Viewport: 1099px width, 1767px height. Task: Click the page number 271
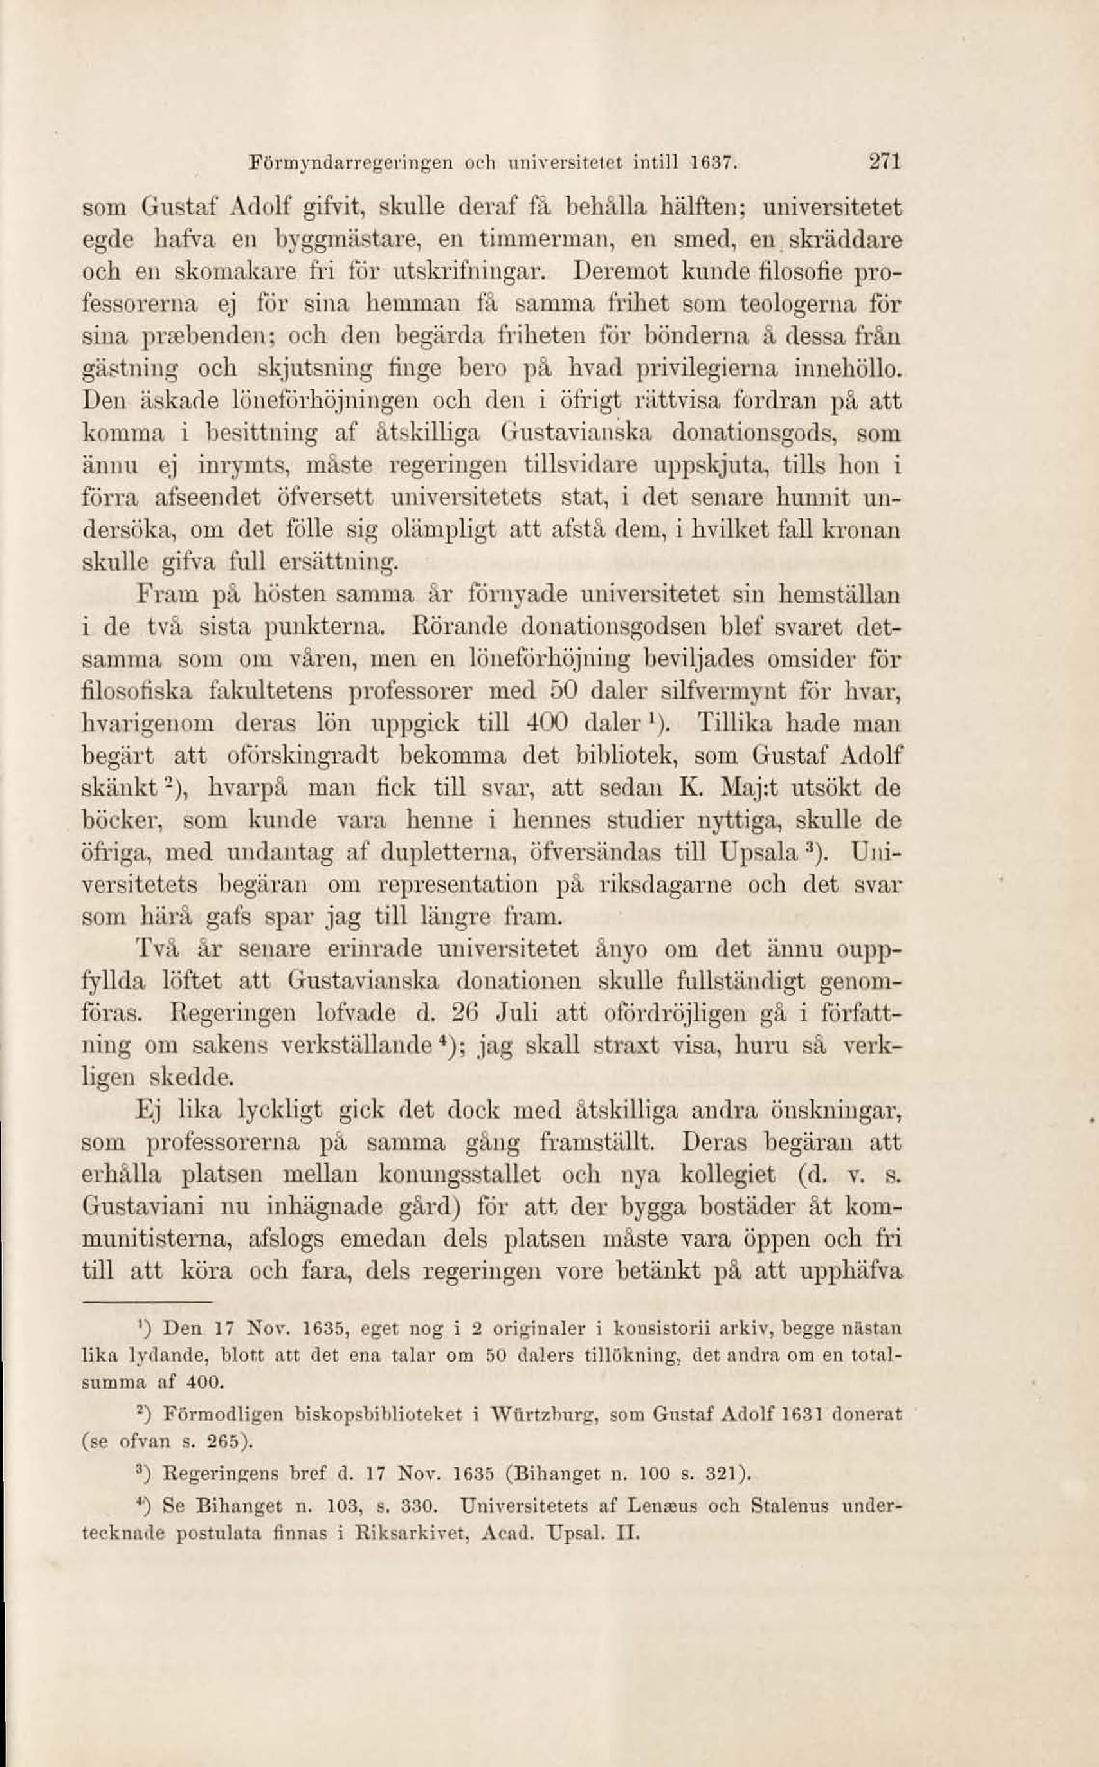click(886, 161)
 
